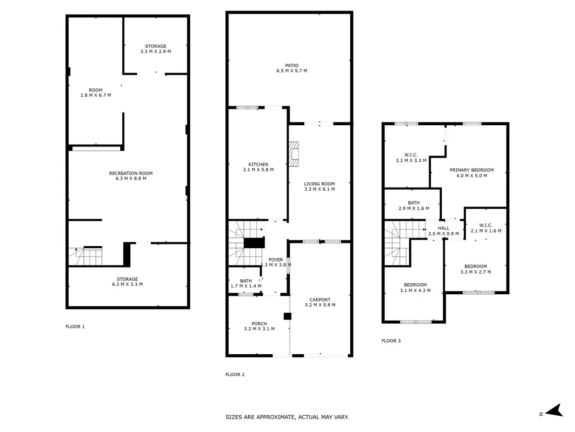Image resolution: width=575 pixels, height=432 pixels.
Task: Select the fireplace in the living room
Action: [294, 154]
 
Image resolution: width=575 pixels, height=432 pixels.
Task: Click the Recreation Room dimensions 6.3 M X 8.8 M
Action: [131, 179]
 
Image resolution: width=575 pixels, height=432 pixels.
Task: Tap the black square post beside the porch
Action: [287, 316]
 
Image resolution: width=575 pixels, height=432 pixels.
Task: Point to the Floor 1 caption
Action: [75, 326]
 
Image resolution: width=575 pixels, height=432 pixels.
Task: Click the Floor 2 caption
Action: [235, 374]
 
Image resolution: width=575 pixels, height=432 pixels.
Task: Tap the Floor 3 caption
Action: [391, 341]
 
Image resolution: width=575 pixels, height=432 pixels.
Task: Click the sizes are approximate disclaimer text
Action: [287, 417]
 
